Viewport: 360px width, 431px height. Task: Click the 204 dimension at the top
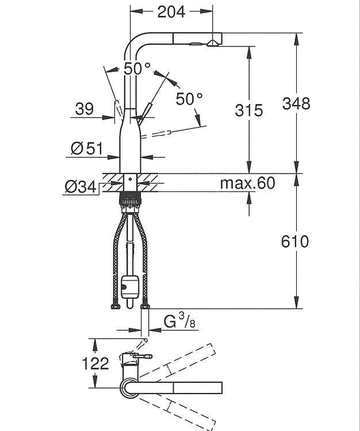coord(171,12)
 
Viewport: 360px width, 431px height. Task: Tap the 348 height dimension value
coord(296,103)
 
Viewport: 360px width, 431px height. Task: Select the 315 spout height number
coord(249,110)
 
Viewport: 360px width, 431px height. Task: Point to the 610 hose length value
coord(295,241)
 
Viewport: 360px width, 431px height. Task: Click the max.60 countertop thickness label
coord(247,183)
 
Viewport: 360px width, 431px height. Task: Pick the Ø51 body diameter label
coord(87,148)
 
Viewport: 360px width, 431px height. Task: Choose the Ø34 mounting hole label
coord(81,187)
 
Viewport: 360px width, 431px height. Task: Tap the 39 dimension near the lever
coord(85,109)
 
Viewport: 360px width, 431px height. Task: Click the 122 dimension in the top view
coord(95,363)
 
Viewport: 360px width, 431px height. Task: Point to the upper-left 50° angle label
coord(137,68)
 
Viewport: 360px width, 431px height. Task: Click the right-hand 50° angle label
coord(189,99)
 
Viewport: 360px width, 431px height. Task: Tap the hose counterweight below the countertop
coord(130,287)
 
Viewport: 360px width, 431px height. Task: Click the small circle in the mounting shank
coord(130,179)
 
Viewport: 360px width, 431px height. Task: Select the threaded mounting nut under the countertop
coord(130,199)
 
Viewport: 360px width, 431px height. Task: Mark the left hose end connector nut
coord(115,306)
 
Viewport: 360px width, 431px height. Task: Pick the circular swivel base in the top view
coord(130,388)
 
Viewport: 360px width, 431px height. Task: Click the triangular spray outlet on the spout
coord(212,43)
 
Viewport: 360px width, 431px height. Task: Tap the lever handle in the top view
coord(143,356)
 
